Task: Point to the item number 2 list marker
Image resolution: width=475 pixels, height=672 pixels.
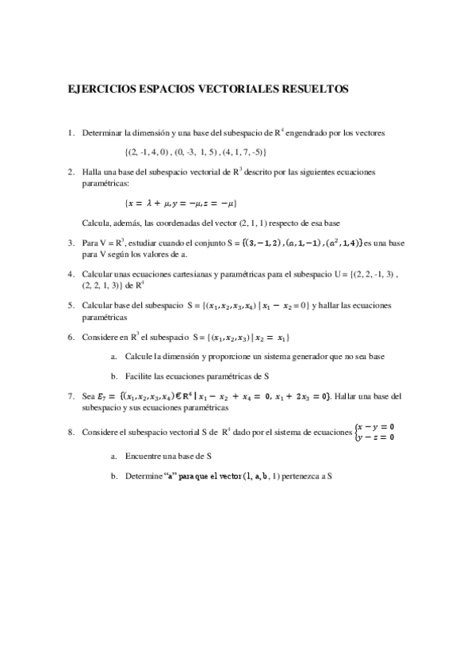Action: (x=71, y=171)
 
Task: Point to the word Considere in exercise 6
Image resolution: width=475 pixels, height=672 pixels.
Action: (x=100, y=336)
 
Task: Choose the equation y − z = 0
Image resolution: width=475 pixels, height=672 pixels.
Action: (x=379, y=437)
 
